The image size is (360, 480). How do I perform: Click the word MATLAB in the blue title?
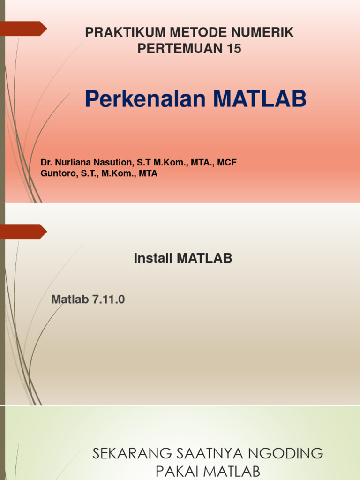pos(260,99)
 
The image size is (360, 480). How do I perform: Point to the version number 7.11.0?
pos(108,300)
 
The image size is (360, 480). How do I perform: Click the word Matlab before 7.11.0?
pos(70,300)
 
